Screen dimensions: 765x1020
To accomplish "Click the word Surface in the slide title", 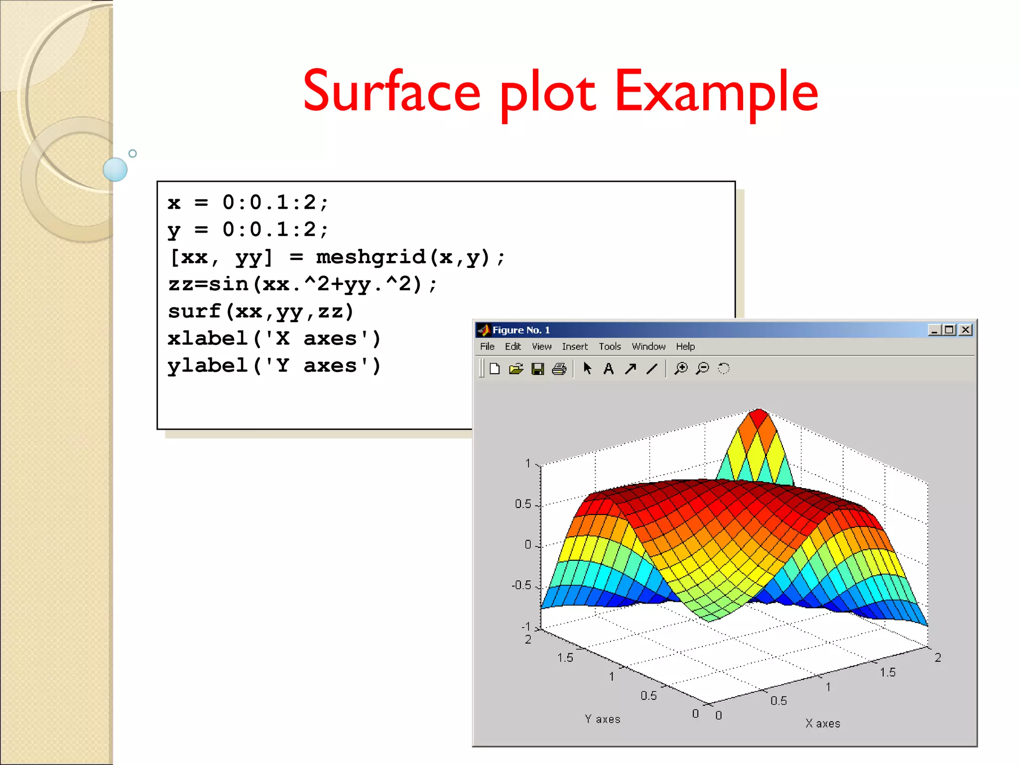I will coord(391,92).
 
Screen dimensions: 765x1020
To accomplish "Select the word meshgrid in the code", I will coord(371,257).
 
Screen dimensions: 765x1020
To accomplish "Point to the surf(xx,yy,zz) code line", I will coord(260,312).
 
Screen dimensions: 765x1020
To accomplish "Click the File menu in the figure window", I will coord(487,347).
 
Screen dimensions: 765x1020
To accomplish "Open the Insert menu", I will coord(575,347).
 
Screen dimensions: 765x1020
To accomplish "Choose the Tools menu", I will coord(610,347).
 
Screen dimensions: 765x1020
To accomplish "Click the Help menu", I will coord(685,347).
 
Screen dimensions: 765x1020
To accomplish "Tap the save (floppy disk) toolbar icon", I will coord(537,369).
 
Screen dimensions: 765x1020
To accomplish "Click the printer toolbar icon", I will coord(559,369).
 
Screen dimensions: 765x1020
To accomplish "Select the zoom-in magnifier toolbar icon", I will coord(681,369).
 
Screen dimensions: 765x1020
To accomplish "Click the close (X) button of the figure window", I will coord(966,330).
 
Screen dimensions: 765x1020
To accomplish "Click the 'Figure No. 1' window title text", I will coord(521,330).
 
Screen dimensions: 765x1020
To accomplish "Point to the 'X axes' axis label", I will coord(823,724).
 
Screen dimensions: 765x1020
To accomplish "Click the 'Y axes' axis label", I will coord(603,719).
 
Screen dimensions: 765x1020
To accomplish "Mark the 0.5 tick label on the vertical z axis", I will coord(523,504).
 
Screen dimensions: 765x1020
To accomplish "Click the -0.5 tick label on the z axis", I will coord(521,585).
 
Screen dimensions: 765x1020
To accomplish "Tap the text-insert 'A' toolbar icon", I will coord(608,369).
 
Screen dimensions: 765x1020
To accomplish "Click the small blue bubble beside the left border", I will coord(115,169).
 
